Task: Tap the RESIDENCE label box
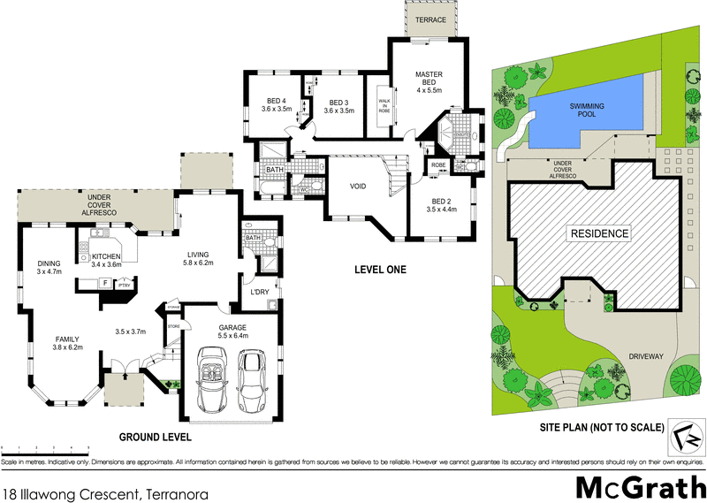(598, 233)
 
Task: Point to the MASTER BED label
(429, 82)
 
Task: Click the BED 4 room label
(276, 105)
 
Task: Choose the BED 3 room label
(338, 105)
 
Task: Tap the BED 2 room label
(438, 204)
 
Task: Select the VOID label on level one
(357, 187)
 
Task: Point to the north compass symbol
(681, 436)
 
